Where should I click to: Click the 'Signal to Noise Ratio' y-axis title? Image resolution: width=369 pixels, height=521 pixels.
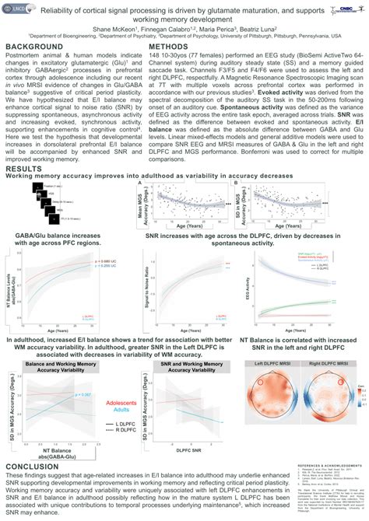click(147, 271)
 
